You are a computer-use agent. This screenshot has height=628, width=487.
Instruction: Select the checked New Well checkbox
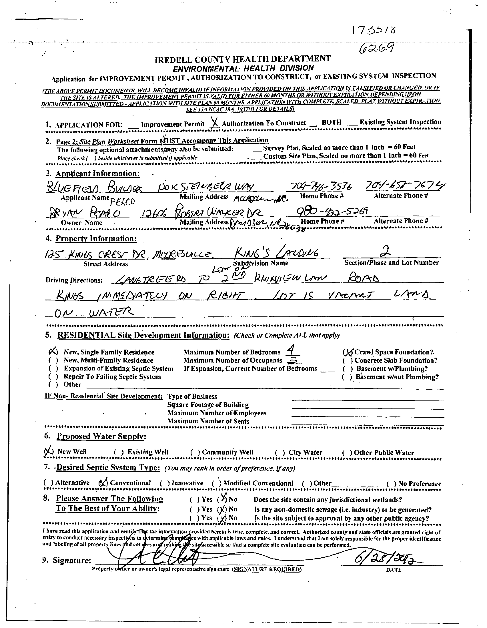(49, 451)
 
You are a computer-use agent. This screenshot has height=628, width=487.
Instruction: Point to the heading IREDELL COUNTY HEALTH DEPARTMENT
(243, 59)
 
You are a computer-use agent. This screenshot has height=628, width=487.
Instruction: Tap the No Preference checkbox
(391, 484)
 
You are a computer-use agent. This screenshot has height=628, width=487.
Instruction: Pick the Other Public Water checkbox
(347, 452)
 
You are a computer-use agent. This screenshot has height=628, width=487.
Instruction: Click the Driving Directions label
(74, 280)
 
